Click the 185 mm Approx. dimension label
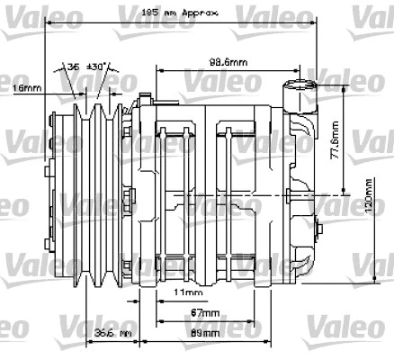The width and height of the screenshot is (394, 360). (x=180, y=13)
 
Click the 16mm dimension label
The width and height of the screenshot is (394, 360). (x=27, y=88)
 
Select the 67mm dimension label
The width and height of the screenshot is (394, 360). (x=204, y=312)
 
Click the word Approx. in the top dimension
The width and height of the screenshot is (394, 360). (x=200, y=13)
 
